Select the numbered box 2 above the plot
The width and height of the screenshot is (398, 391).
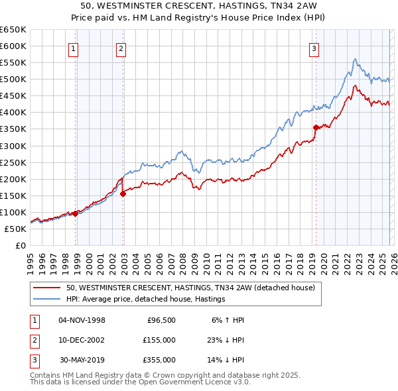coord(121,48)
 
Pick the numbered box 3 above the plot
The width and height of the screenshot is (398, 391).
coord(313,48)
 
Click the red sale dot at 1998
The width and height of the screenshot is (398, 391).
coord(76,213)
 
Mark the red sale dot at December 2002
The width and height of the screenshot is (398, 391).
coord(123,194)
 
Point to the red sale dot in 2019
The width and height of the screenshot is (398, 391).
coord(316,127)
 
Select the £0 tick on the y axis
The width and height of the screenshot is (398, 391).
coord(20,245)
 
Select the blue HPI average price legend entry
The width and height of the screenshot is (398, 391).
coord(146,299)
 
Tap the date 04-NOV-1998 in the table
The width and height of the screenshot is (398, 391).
coord(82,320)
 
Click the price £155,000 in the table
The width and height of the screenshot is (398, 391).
coord(159,340)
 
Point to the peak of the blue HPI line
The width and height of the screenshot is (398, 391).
coord(356,59)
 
